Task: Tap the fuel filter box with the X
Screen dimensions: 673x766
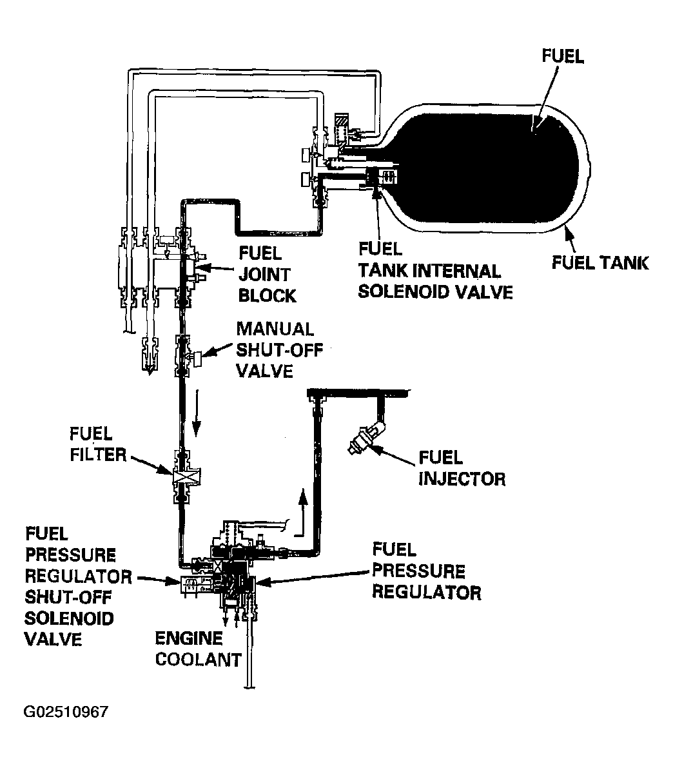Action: tap(186, 476)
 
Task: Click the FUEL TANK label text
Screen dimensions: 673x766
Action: tap(600, 263)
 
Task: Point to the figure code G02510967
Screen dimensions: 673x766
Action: tap(66, 711)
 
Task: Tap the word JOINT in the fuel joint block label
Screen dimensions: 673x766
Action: tap(264, 275)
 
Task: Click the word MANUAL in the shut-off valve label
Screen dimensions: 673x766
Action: tap(275, 329)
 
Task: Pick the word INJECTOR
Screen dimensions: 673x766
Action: tap(462, 478)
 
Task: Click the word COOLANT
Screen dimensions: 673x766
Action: tap(199, 660)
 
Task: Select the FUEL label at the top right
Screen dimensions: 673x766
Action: tap(563, 56)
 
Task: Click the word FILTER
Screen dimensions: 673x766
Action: tap(98, 455)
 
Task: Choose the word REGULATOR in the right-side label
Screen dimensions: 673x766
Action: tap(426, 593)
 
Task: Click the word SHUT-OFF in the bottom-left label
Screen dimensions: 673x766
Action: tap(68, 597)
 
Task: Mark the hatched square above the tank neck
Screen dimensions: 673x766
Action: tap(341, 121)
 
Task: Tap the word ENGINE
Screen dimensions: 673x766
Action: tap(188, 638)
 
